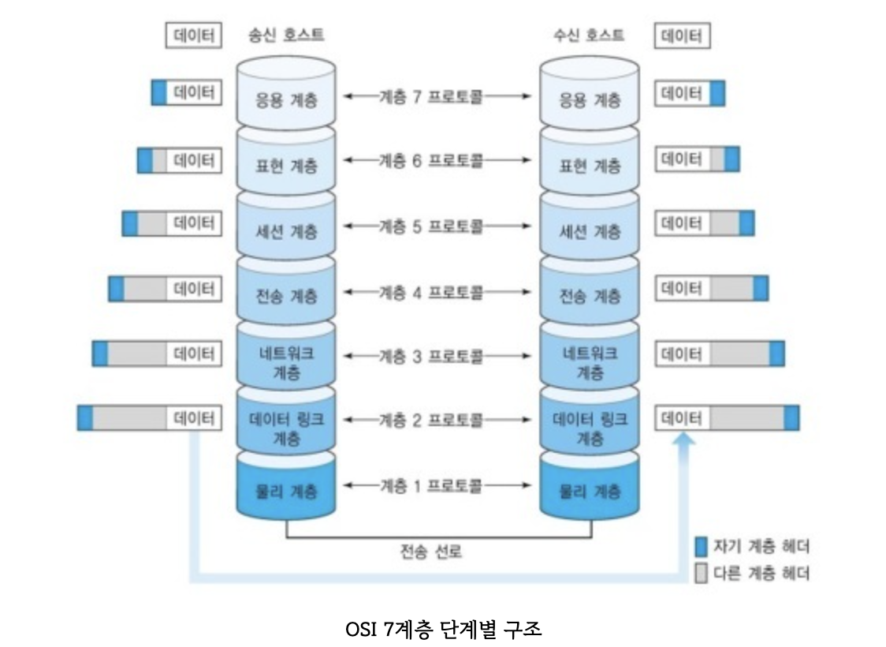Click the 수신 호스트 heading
coord(589,36)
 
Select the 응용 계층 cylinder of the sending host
coord(287,100)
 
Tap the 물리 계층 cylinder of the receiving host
coord(590,491)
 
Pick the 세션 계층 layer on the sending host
coord(287,232)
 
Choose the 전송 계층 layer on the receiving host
coord(590,297)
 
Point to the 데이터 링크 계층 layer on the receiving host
coord(590,426)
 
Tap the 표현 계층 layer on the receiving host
coord(590,166)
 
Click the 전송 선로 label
coord(431,552)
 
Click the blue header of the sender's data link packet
coord(85,418)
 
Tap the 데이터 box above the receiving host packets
coord(682,36)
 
